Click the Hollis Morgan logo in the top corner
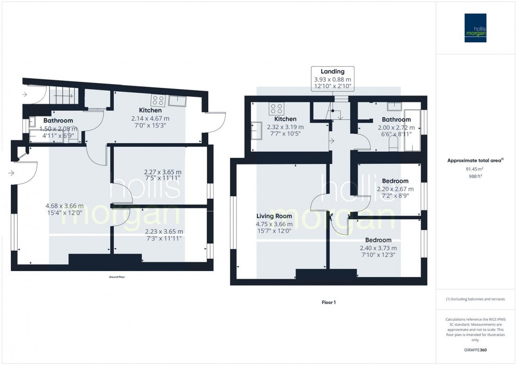coord(476,28)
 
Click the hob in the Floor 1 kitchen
coord(276,109)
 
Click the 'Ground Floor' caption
coord(117,277)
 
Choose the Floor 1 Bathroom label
coord(396,120)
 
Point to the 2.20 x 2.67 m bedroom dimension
coord(395,189)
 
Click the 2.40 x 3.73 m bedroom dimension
coord(378,249)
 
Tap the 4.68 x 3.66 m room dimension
coord(64,206)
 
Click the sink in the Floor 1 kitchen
coord(257,131)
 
